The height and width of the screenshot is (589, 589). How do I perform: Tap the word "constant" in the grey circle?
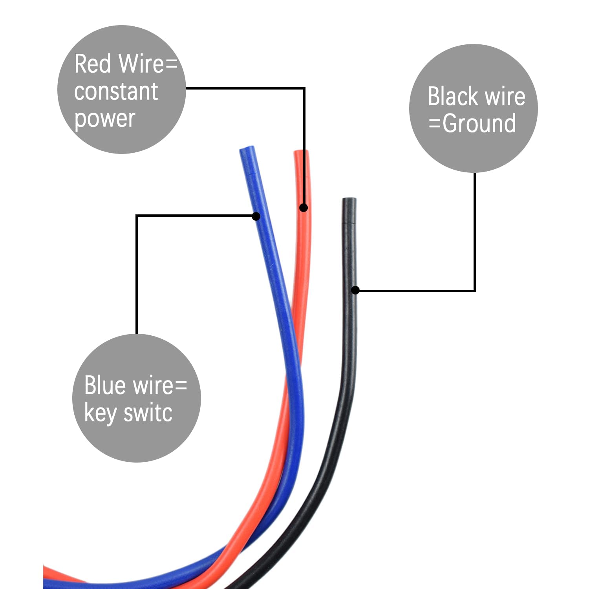pos(116,91)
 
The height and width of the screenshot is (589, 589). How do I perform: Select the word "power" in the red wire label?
pos(105,119)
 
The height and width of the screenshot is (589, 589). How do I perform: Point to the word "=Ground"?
pos(472,124)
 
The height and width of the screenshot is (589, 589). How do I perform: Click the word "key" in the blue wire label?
pos(101,414)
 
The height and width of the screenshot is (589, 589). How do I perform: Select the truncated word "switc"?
pos(148,413)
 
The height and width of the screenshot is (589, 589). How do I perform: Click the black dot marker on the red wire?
pos(304,207)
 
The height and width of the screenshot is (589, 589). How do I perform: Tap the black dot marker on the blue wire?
pos(256,216)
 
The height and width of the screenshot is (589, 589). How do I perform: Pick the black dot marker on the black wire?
pos(355,290)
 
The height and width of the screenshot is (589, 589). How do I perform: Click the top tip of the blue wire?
pos(247,149)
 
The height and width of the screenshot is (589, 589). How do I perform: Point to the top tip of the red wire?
pos(301,152)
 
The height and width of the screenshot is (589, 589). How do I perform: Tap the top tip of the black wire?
pos(349,200)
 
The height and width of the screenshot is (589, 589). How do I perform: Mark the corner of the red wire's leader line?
pos(304,89)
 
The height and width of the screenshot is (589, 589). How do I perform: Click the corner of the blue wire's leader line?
pos(137,216)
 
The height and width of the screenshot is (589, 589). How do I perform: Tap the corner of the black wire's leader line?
pos(475,291)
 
